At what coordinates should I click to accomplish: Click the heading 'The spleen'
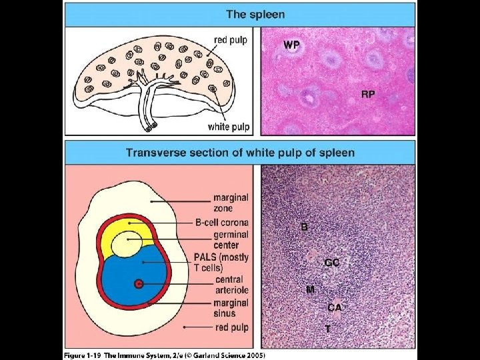(255, 13)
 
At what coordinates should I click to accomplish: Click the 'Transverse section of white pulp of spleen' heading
(240, 153)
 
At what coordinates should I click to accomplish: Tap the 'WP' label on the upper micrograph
(291, 45)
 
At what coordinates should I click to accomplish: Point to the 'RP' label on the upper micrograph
(367, 94)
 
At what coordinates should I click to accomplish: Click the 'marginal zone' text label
(231, 203)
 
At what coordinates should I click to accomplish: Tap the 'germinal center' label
(231, 240)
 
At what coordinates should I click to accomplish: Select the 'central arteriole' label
(229, 285)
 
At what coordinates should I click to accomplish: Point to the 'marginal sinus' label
(231, 308)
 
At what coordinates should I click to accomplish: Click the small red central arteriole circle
(139, 284)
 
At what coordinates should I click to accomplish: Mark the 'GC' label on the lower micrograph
(332, 263)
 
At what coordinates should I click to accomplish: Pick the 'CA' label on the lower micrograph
(335, 307)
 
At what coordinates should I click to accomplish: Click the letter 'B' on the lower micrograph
(304, 227)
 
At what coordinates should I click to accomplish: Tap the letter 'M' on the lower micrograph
(310, 289)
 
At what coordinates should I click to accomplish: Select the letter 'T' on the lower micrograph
(327, 329)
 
